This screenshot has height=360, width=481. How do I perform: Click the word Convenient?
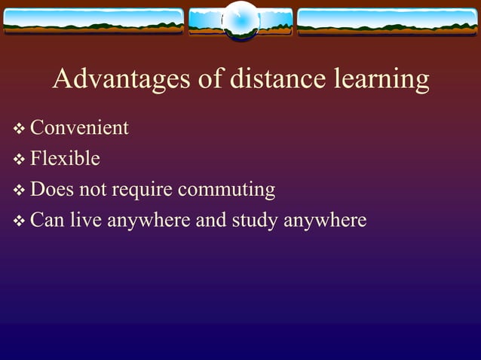(x=79, y=128)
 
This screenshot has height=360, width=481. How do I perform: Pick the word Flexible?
(x=65, y=159)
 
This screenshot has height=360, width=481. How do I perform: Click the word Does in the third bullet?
(x=52, y=189)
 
